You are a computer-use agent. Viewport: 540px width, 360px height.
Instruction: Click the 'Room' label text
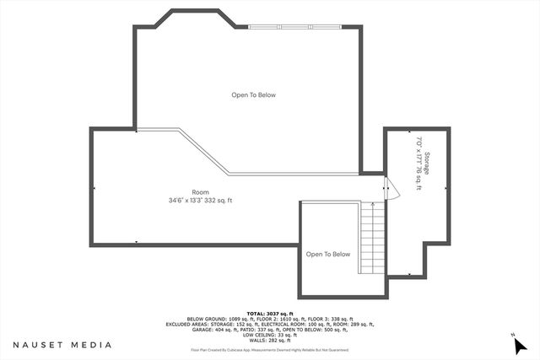click(x=200, y=192)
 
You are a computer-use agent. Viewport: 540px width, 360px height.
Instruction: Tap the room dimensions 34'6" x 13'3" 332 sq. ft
click(x=200, y=200)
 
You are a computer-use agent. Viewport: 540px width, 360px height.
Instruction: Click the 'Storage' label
click(x=428, y=163)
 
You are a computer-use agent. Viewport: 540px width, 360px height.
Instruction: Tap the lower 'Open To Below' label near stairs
click(x=327, y=254)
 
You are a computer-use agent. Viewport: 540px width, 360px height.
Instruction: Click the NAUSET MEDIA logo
click(x=62, y=345)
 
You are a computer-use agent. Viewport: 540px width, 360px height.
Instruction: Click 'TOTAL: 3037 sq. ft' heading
click(x=269, y=312)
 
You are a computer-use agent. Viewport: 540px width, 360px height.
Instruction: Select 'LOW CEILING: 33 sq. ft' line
click(x=269, y=334)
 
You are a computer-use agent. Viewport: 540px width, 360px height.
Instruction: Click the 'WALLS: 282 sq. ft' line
click(x=269, y=339)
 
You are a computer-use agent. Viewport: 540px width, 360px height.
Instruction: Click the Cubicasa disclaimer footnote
click(x=269, y=349)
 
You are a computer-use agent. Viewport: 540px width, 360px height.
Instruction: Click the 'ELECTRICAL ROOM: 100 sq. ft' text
click(x=286, y=323)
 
